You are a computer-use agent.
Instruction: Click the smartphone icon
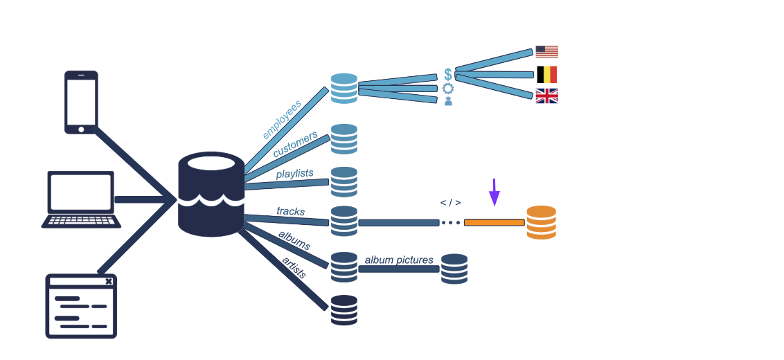[x=81, y=102]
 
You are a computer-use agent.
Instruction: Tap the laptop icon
[x=81, y=199]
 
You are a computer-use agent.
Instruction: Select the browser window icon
[x=81, y=306]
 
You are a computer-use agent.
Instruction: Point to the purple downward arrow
[x=494, y=192]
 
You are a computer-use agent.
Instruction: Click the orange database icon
[x=541, y=222]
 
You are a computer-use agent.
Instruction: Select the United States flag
[x=546, y=52]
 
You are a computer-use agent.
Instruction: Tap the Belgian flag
[x=546, y=75]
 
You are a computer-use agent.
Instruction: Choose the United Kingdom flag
[x=546, y=96]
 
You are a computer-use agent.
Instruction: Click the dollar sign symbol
[x=448, y=74]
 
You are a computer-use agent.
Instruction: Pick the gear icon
[x=448, y=88]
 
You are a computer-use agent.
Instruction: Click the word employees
[x=282, y=120]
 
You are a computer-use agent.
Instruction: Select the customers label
[x=295, y=143]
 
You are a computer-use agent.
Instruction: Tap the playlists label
[x=294, y=173]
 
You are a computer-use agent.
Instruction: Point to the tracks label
[x=290, y=211]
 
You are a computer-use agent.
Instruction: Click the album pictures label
[x=399, y=260]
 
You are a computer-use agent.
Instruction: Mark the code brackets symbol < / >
[x=450, y=203]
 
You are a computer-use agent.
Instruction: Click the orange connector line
[x=494, y=222]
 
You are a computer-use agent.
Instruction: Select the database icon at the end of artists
[x=344, y=310]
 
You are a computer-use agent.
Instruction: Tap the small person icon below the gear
[x=448, y=101]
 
